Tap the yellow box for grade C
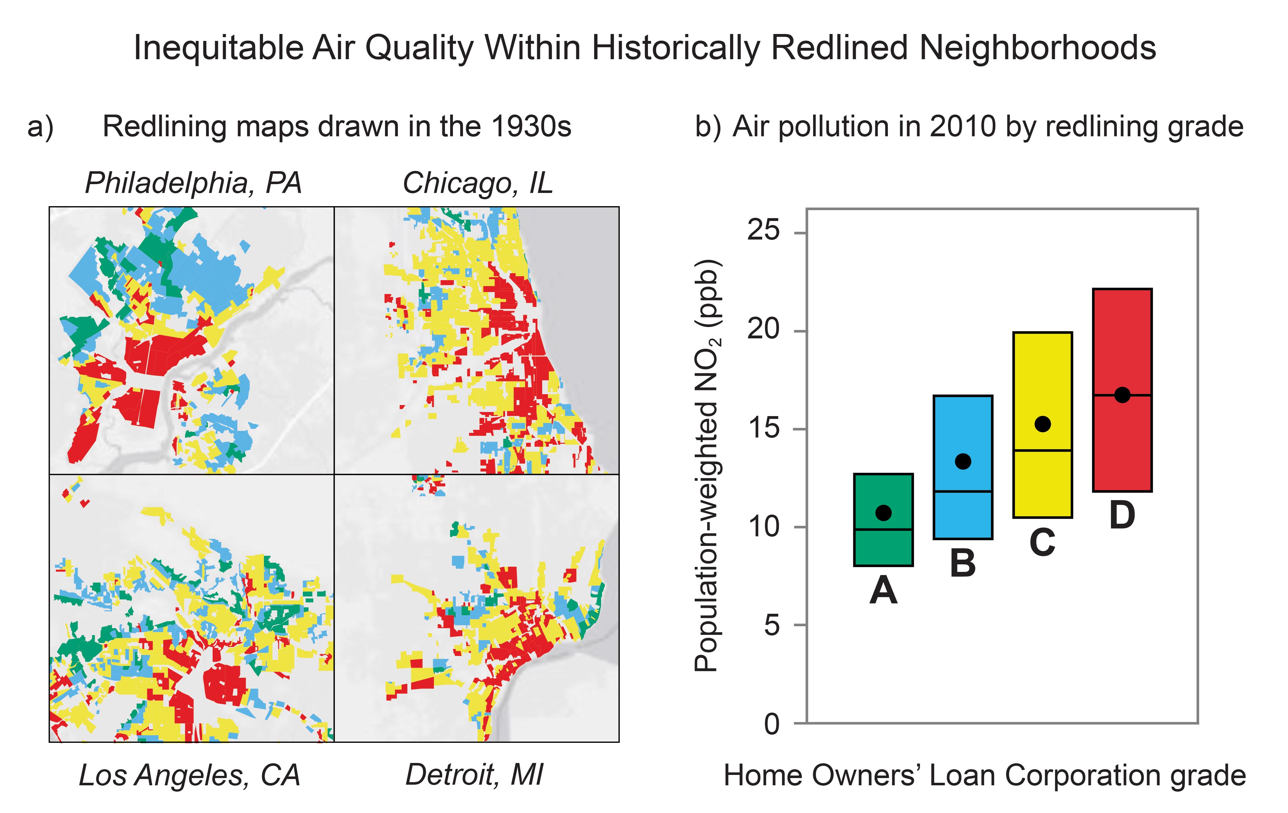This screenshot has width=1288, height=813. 1042,425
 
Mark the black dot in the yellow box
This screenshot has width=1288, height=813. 1042,424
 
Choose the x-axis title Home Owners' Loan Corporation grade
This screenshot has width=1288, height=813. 985,776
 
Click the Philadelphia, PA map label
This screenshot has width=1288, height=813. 194,183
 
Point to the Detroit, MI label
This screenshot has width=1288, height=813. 474,775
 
